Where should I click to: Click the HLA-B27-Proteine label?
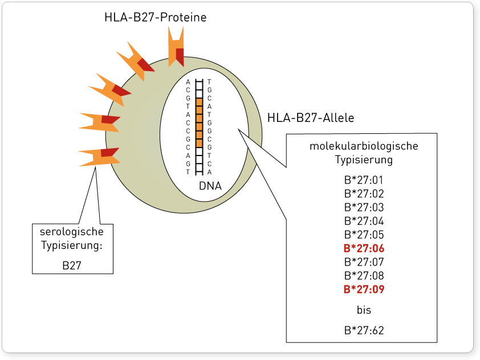pyautogui.click(x=156, y=17)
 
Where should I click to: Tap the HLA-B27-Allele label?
pyautogui.click(x=311, y=118)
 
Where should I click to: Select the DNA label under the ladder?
pyautogui.click(x=210, y=186)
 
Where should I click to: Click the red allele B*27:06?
pyautogui.click(x=364, y=248)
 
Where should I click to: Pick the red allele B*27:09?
pyautogui.click(x=364, y=289)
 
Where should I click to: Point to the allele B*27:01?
pyautogui.click(x=364, y=180)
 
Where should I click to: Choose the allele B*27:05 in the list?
pyautogui.click(x=364, y=235)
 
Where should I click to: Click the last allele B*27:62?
pyautogui.click(x=364, y=330)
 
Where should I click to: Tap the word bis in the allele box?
pyautogui.click(x=364, y=310)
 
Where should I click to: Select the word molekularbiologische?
pyautogui.click(x=364, y=146)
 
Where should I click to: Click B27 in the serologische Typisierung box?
pyautogui.click(x=72, y=265)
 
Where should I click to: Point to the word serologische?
pyautogui.click(x=72, y=231)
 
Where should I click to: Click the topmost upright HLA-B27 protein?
pyautogui.click(x=176, y=47)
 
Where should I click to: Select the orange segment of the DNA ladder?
pyautogui.click(x=200, y=122)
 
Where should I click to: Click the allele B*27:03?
pyautogui.click(x=364, y=207)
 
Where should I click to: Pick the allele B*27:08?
pyautogui.click(x=364, y=276)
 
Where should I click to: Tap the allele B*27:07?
pyautogui.click(x=364, y=262)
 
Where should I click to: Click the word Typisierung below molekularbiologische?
pyautogui.click(x=364, y=159)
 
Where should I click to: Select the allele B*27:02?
pyautogui.click(x=364, y=194)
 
